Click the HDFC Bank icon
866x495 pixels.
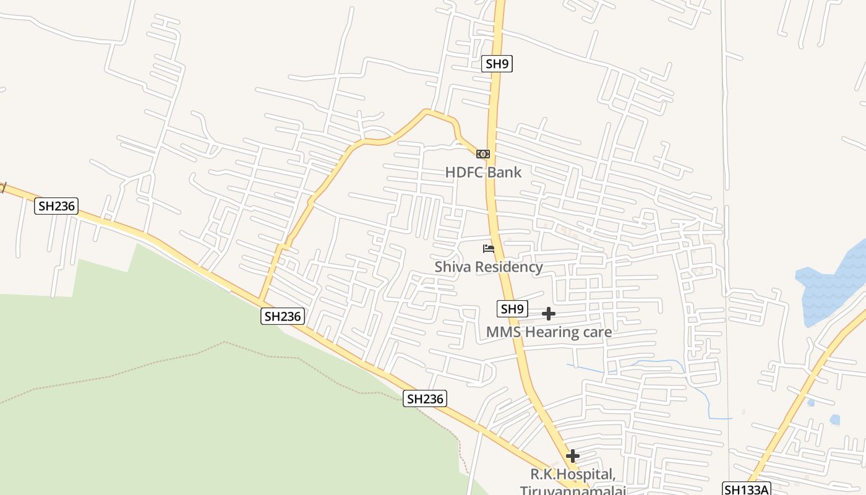point(483,154)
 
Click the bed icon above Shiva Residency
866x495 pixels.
point(489,249)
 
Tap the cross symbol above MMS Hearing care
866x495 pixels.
point(548,314)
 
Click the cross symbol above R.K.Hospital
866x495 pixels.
point(572,456)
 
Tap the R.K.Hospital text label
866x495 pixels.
point(573,475)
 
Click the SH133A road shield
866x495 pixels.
point(747,489)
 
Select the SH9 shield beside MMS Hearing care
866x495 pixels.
point(512,309)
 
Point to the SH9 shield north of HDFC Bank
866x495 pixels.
point(497,64)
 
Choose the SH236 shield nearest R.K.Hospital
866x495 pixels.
point(425,398)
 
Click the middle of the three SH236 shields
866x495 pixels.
point(283,316)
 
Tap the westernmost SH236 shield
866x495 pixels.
point(56,206)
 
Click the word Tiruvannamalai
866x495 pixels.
point(573,491)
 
